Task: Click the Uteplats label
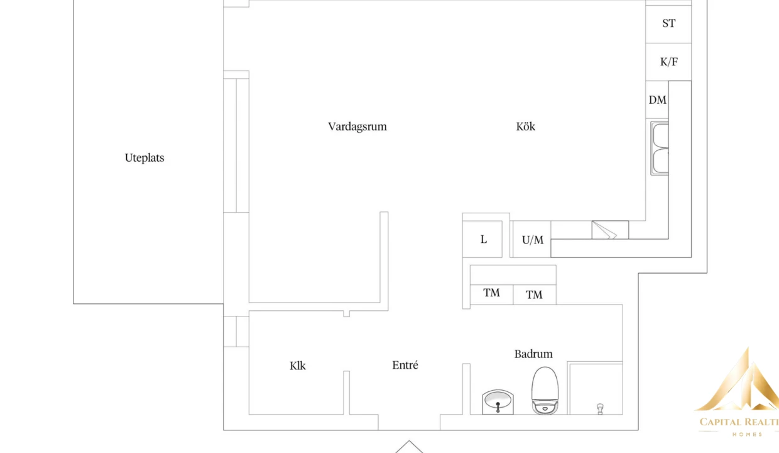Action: click(x=144, y=158)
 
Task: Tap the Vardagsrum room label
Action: click(x=357, y=126)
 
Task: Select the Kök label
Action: click(x=525, y=126)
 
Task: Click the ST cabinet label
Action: click(x=668, y=23)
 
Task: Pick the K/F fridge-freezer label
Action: click(x=669, y=62)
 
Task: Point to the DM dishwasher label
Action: click(x=657, y=100)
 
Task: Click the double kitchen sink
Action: click(x=660, y=148)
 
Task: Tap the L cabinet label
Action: click(x=483, y=239)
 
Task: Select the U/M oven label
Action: click(x=533, y=240)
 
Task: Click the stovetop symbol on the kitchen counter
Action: click(x=610, y=230)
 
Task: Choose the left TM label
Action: click(x=491, y=293)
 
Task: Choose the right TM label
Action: click(x=534, y=295)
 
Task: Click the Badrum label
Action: click(x=533, y=354)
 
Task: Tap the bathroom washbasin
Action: click(x=498, y=402)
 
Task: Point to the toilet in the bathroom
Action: click(x=545, y=390)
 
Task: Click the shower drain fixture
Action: click(x=600, y=409)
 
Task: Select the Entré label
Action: click(x=405, y=365)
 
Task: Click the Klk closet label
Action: click(x=298, y=366)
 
